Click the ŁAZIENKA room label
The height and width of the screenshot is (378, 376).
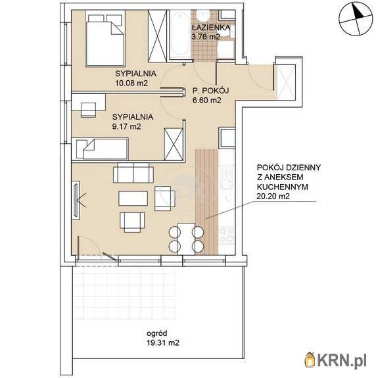click(211, 27)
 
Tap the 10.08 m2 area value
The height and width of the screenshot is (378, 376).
click(131, 83)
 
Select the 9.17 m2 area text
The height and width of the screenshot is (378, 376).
click(126, 127)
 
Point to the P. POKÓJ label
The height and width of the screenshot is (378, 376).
click(210, 91)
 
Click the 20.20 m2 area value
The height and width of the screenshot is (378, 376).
click(273, 197)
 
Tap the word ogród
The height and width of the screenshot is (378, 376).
click(157, 333)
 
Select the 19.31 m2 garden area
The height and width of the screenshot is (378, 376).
click(163, 343)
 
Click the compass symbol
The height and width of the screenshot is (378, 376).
click(355, 19)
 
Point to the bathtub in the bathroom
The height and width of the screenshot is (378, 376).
click(180, 35)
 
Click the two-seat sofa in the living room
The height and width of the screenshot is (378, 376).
click(133, 173)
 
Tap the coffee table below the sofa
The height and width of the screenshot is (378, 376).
click(133, 198)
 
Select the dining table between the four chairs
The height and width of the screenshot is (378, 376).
click(186, 239)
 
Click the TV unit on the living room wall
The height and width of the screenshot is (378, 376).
click(76, 201)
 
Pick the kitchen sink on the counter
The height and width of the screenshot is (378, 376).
click(227, 177)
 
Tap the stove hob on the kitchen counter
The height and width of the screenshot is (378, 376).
click(227, 234)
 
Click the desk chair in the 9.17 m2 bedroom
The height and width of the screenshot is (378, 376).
click(88, 110)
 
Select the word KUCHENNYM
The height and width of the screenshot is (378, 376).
click(283, 187)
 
